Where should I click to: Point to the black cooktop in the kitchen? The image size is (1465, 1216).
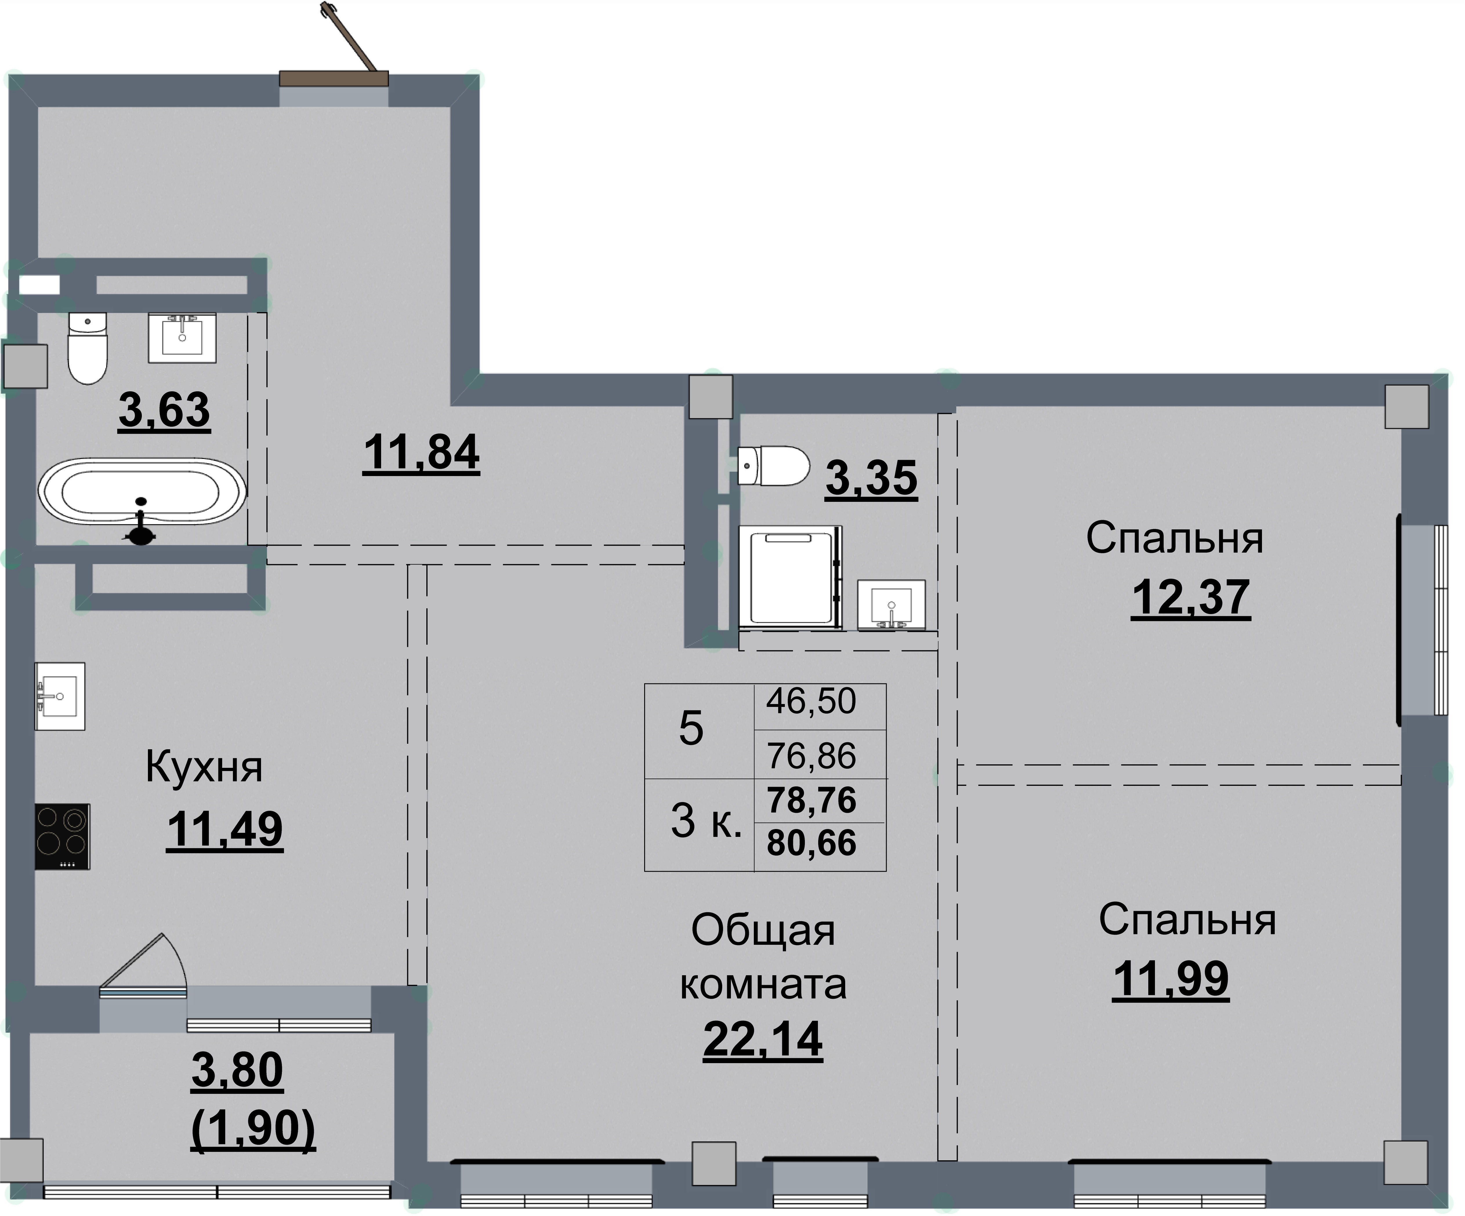point(62,836)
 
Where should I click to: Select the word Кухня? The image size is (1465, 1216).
point(204,768)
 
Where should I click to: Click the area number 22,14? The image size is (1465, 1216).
point(763,1040)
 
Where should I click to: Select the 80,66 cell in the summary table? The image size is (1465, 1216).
point(811,843)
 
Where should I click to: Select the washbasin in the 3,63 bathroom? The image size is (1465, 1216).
point(182,338)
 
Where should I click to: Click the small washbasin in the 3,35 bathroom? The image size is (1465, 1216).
point(891,604)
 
